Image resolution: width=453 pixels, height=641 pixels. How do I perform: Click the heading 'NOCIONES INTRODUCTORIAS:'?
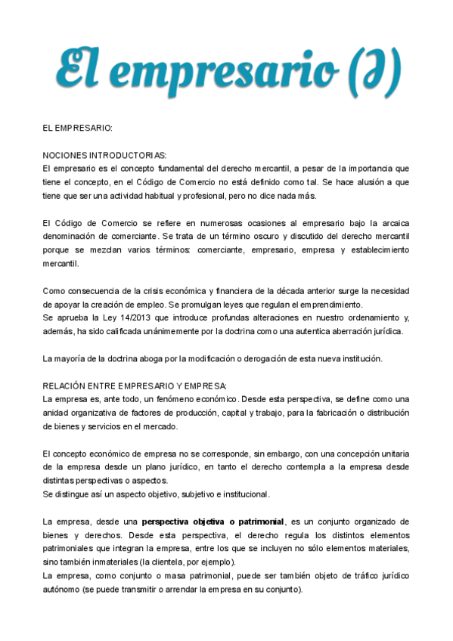coord(104,154)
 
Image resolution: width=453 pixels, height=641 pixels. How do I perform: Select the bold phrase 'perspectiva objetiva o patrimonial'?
coord(213,521)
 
